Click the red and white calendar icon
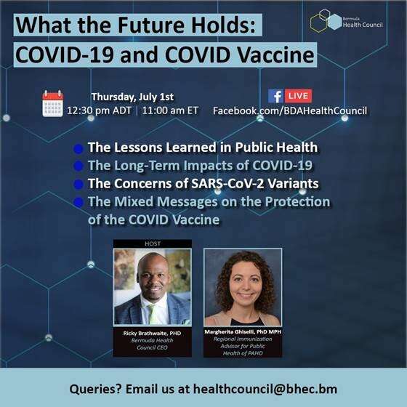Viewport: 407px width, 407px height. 52,103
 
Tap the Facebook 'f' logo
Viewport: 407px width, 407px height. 276,96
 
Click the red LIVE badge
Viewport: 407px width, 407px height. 298,96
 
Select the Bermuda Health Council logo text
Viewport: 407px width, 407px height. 363,23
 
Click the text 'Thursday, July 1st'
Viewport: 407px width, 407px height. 132,97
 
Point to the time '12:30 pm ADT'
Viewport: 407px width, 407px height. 99,110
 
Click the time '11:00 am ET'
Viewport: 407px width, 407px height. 170,110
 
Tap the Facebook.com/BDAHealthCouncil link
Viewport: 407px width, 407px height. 290,110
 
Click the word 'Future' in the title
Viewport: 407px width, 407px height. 148,25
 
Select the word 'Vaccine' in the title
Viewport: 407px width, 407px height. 275,55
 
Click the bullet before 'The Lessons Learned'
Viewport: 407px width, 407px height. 78,149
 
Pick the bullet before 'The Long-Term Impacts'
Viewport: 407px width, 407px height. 78,166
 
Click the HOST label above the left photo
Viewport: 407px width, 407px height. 153,243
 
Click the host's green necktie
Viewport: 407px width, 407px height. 153,313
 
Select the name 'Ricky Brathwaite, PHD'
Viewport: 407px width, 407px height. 152,334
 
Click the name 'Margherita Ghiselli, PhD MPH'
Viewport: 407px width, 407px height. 243,331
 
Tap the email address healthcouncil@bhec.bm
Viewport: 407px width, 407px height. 265,389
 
